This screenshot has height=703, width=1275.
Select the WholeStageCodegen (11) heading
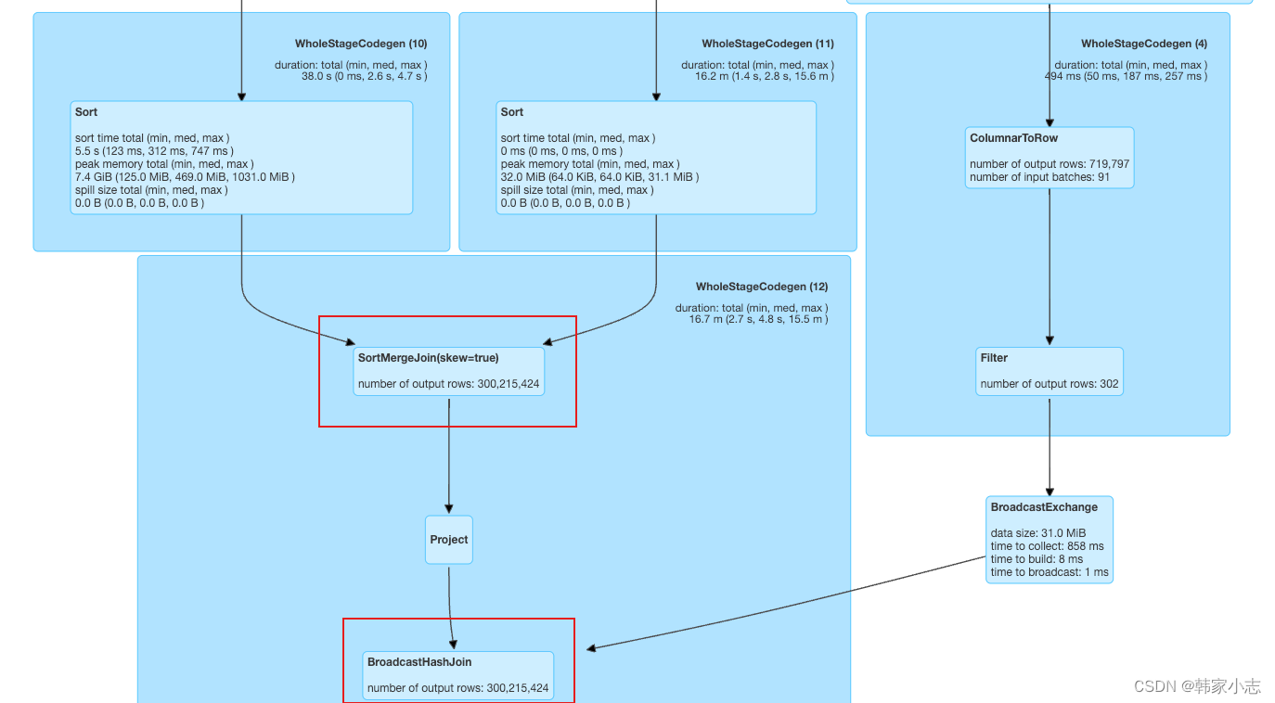coord(767,44)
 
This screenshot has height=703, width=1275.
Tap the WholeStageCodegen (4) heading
coord(1143,44)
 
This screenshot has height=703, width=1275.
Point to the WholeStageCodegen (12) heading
coord(762,287)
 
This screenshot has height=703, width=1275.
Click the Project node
coord(449,540)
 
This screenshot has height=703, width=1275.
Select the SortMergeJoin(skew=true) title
coord(428,358)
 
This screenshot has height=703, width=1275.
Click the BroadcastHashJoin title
coord(419,662)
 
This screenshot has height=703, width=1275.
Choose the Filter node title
coord(994,358)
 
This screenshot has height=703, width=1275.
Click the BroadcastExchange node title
coord(1044,507)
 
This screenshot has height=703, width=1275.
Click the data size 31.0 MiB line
coord(1037,533)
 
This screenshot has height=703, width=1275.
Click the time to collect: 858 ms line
coord(1047,546)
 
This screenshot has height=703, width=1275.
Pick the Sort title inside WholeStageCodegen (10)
coord(86,112)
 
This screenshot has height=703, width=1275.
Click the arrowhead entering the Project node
coord(449,508)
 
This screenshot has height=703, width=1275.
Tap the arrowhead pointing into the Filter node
coord(1050,339)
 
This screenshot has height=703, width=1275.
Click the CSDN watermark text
coord(1197,686)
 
